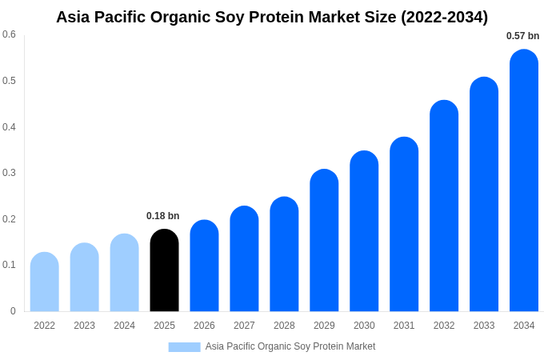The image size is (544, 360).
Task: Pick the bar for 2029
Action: click(x=324, y=240)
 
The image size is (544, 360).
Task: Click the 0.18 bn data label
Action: click(x=163, y=216)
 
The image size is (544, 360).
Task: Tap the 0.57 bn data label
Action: click(x=522, y=36)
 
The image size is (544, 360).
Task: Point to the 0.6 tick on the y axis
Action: click(x=9, y=34)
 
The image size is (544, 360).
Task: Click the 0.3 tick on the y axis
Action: click(x=9, y=173)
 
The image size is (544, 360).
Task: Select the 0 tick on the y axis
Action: click(x=13, y=311)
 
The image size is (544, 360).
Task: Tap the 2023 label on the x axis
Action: click(x=84, y=326)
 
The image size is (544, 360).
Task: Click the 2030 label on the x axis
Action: click(x=364, y=326)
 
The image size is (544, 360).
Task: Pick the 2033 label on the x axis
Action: click(x=484, y=326)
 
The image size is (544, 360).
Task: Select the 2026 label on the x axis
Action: click(x=204, y=326)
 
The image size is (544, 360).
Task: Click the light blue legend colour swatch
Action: click(x=184, y=346)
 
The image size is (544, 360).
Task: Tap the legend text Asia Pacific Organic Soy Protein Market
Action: click(x=290, y=346)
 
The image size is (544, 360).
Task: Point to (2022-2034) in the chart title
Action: click(x=445, y=17)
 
